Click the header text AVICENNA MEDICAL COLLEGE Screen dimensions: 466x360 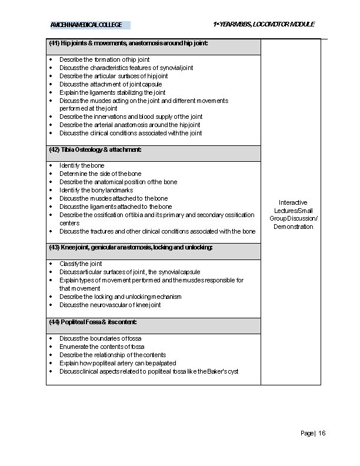pos(86,25)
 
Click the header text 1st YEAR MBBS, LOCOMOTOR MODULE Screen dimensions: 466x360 pos(264,24)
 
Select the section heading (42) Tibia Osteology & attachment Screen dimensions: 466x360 pos(96,150)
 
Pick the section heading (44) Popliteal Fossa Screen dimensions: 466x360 pos(93,322)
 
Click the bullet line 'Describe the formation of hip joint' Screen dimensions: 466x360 pos(104,59)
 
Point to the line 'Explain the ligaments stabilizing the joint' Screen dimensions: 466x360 pos(112,92)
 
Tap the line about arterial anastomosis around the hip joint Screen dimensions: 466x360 pos(129,125)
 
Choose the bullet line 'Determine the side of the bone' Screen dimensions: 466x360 pos(100,174)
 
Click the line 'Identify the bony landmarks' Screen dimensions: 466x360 pos(96,190)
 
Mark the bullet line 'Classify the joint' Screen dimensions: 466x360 pos(81,264)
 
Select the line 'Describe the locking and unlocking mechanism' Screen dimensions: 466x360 pos(120,297)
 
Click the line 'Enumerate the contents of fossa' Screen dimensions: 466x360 pos(101,347)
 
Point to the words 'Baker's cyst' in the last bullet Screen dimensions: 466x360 pos(223,371)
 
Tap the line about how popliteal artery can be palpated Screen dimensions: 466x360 pos(118,363)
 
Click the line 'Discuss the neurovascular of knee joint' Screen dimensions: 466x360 pos(110,305)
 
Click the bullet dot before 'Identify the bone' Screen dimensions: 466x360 pos(51,166)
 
